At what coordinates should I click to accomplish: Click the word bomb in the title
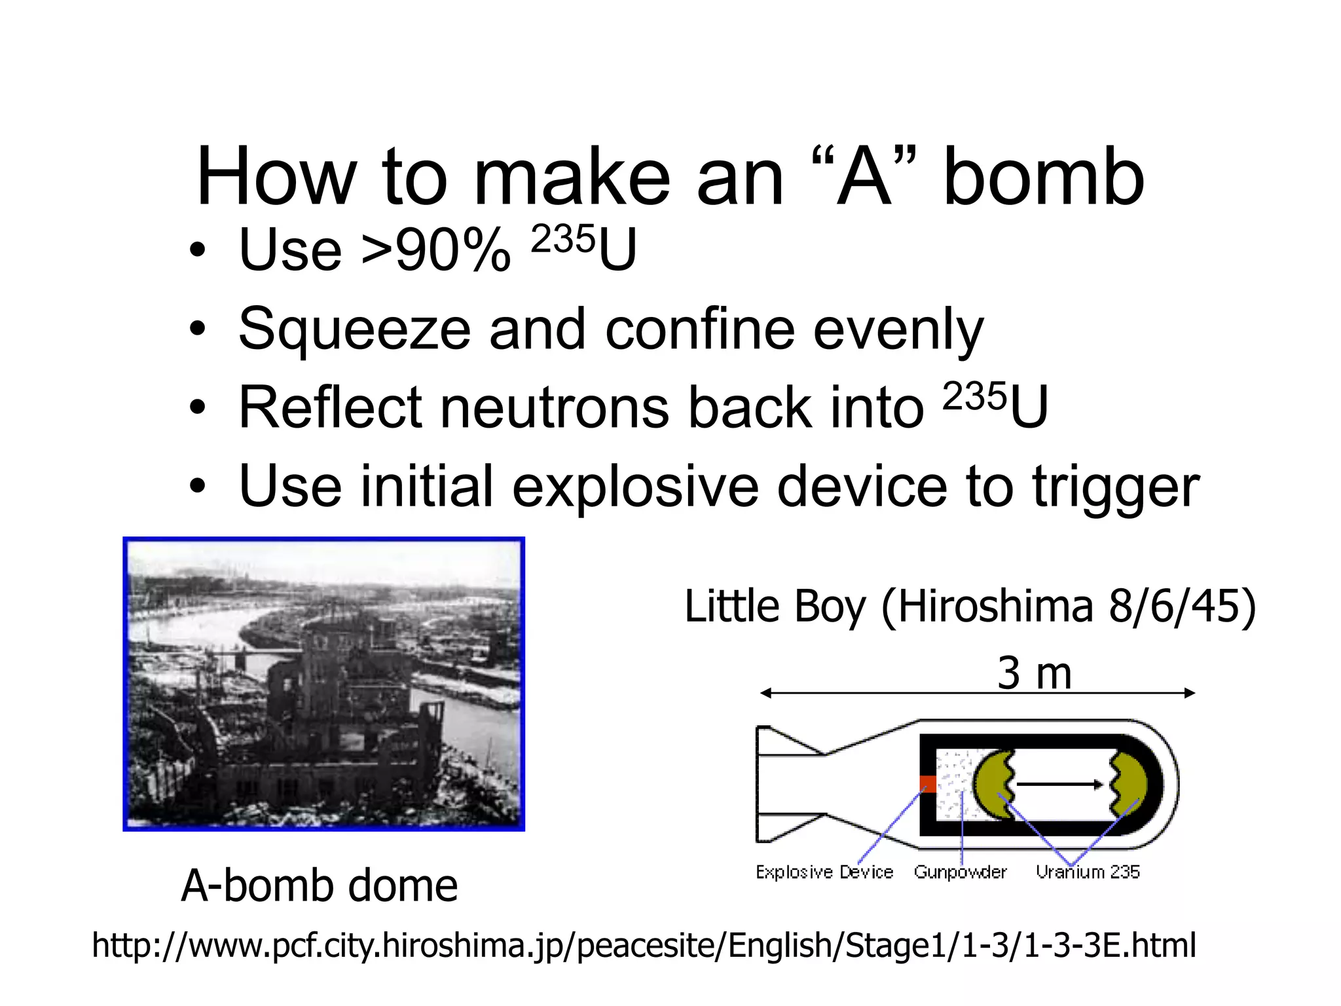1044,178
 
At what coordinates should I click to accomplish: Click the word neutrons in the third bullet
553,408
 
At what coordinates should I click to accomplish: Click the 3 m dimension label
1034,673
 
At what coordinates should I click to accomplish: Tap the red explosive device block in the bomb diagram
927,784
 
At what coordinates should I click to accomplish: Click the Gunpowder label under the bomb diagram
960,872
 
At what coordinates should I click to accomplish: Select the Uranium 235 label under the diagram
1088,872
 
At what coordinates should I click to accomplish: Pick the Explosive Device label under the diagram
824,872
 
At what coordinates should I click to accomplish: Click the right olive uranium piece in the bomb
1130,784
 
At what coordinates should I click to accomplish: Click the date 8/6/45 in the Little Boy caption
1173,606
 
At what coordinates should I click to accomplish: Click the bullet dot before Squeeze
198,329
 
